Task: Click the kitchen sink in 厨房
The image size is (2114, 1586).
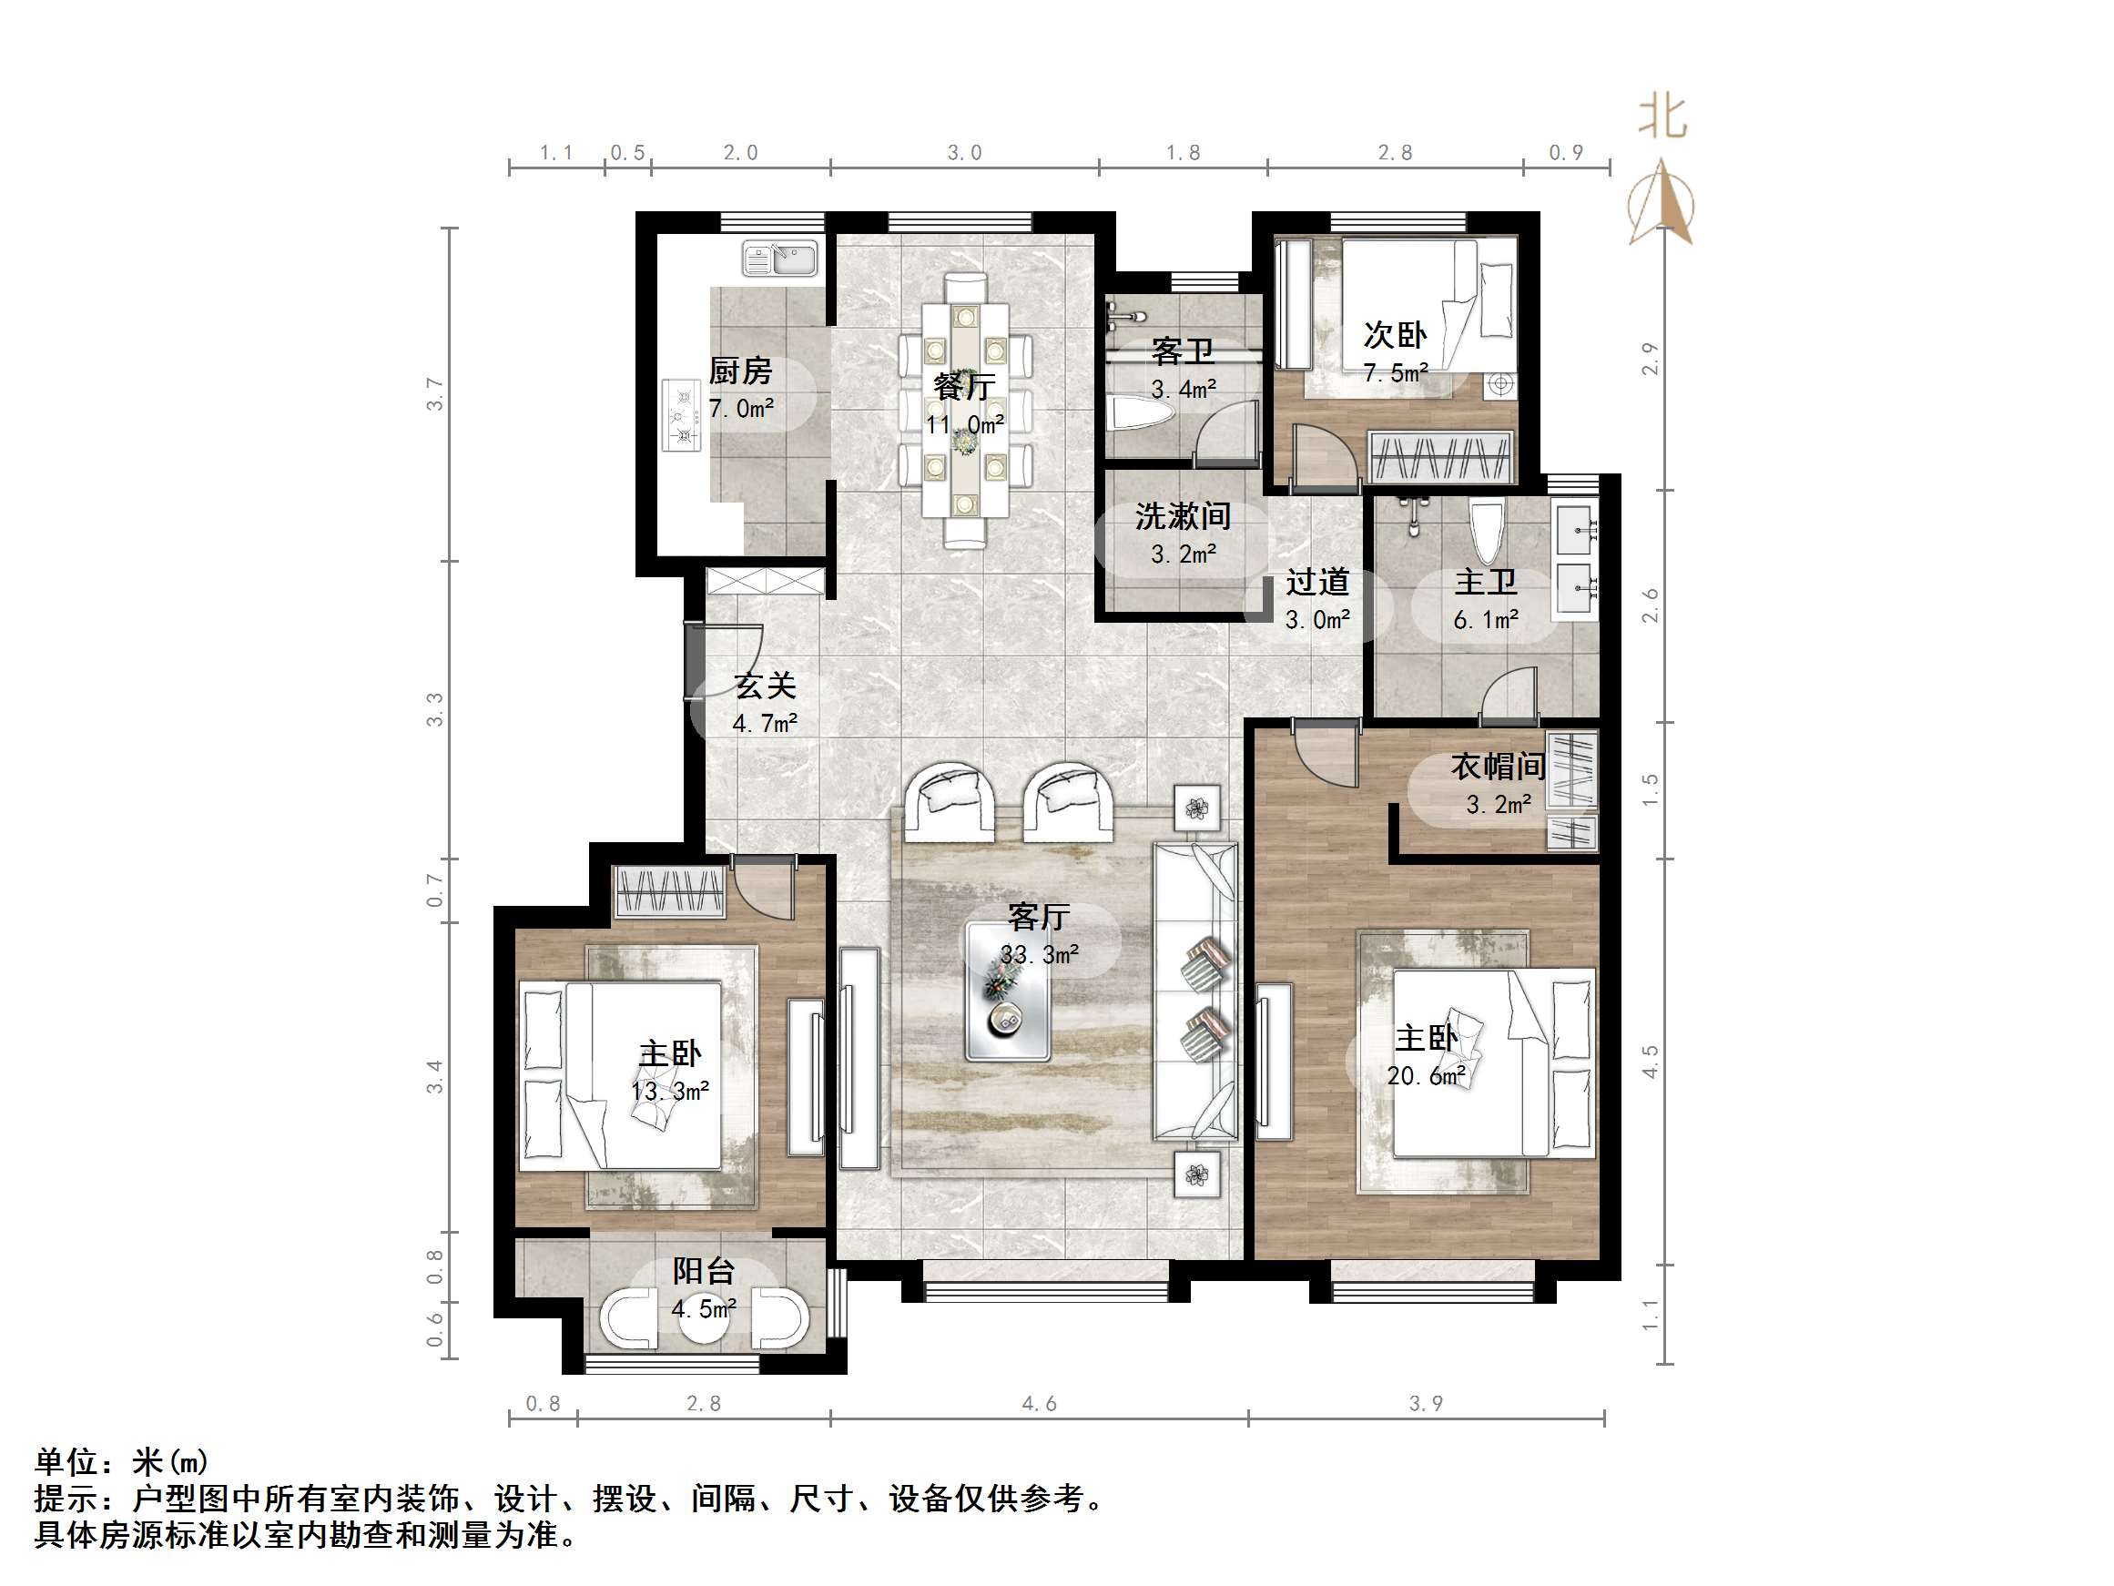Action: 780,259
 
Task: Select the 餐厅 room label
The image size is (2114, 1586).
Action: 964,386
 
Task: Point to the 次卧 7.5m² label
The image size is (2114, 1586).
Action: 1396,351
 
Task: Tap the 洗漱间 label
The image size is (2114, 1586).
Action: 1183,517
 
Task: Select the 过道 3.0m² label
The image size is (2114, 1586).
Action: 1317,599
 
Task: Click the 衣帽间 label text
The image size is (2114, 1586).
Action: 1498,766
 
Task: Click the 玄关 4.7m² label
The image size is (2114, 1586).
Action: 765,704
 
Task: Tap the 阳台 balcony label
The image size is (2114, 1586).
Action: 704,1270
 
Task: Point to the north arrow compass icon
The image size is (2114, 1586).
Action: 1663,206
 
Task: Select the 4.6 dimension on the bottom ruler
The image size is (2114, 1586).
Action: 1039,1403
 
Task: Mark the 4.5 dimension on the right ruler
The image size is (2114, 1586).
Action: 1650,1062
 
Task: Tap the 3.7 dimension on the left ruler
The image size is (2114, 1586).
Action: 436,394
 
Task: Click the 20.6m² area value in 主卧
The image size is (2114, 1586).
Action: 1426,1076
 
